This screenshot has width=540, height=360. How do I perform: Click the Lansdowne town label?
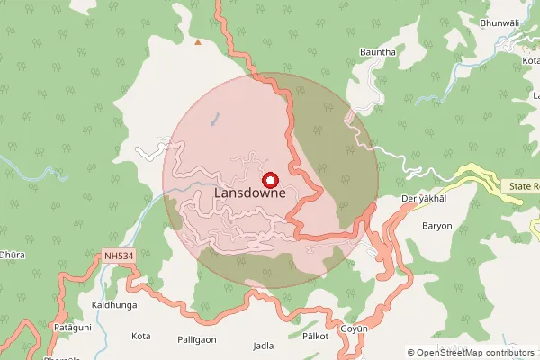click(x=250, y=193)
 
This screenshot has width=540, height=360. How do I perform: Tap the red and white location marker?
click(x=267, y=180)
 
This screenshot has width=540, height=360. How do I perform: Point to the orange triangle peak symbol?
click(x=198, y=41)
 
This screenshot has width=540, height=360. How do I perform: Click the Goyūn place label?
click(x=355, y=330)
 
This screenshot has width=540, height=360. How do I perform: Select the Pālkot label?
click(x=315, y=336)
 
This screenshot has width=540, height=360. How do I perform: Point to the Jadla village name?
click(x=264, y=346)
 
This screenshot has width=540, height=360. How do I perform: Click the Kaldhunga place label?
click(x=114, y=306)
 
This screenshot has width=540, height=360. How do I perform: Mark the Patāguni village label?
click(x=69, y=327)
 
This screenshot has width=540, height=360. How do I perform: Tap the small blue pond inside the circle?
click(x=213, y=118)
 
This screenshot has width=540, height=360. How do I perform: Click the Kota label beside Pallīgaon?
click(x=140, y=336)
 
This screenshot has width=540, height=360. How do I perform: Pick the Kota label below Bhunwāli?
click(x=517, y=59)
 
